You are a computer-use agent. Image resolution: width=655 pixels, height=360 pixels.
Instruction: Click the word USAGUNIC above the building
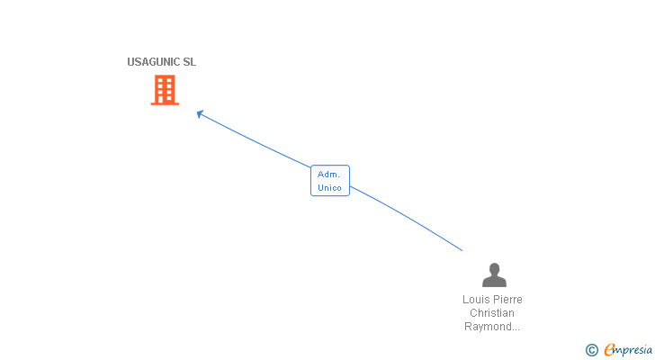click(154, 62)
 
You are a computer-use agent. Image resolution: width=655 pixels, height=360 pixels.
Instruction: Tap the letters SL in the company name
click(189, 62)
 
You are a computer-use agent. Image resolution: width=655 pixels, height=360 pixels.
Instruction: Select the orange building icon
click(165, 90)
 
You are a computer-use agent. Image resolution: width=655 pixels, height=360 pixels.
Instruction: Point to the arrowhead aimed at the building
click(200, 113)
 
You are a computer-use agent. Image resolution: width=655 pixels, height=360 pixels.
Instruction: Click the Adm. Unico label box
click(330, 180)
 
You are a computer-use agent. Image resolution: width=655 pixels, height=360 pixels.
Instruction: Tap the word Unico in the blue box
click(330, 187)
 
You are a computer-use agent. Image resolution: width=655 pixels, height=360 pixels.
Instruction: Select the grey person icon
click(494, 275)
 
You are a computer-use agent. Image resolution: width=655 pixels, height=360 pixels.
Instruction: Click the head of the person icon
click(494, 269)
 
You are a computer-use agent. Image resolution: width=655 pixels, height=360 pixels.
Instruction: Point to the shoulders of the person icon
click(494, 282)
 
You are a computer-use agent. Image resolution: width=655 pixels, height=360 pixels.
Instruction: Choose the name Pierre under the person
click(508, 300)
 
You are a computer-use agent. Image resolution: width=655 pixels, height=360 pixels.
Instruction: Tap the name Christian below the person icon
click(492, 313)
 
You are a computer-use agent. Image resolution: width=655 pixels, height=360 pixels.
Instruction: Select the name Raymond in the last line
click(487, 327)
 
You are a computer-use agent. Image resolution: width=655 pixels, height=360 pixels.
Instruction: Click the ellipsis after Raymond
click(516, 328)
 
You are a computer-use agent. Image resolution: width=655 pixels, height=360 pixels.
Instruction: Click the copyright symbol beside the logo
click(591, 350)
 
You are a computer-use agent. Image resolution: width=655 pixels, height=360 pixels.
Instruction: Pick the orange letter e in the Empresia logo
click(609, 350)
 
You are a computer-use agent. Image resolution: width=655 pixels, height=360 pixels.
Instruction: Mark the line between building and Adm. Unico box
click(256, 141)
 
